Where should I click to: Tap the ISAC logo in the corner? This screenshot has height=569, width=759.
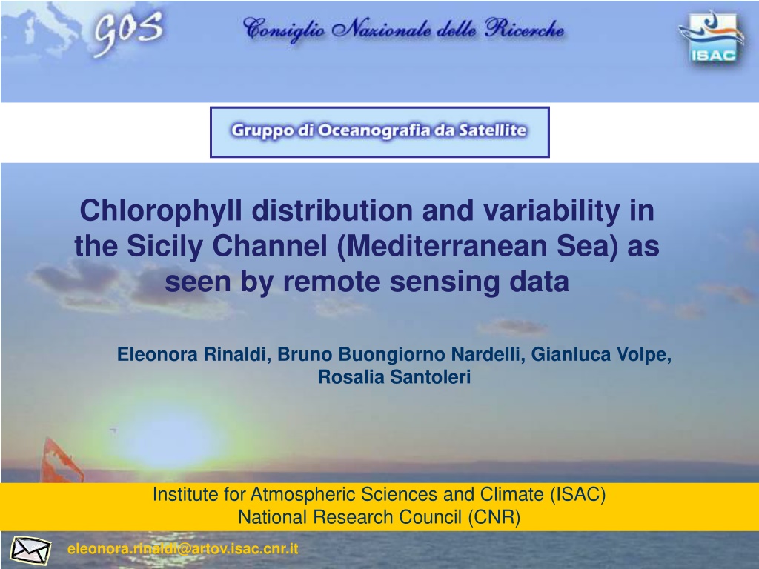tap(712, 38)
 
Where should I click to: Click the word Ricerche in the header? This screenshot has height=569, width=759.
tap(525, 29)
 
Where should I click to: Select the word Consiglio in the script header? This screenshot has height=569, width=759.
tap(284, 30)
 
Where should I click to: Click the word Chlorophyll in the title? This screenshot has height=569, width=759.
tap(161, 210)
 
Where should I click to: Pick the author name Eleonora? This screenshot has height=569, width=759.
tap(157, 354)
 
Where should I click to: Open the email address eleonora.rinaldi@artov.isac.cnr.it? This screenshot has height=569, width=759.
tap(183, 549)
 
